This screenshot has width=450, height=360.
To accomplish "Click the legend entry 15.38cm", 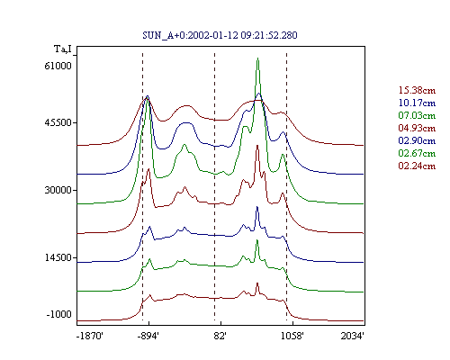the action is pos(417,90).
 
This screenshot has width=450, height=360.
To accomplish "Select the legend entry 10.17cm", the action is pos(417,103).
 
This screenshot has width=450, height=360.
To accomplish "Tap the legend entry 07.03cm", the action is pos(417,115).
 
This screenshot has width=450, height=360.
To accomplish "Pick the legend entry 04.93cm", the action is pos(417,128).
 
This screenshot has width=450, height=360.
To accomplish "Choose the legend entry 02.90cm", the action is pos(417,140).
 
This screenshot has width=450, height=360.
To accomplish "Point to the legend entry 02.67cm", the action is pos(417,153).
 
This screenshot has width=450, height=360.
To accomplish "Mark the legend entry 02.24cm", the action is pos(417,166).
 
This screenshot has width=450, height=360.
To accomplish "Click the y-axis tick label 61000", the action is pos(58,66).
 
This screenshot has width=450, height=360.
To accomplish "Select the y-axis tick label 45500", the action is pos(58,122).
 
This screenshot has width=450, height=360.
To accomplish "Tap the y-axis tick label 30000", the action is pos(58,190).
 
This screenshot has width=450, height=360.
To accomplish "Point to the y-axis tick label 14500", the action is pos(58,257).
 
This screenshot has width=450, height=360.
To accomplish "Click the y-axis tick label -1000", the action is pos(59,314).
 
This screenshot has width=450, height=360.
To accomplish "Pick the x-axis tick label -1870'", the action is pos(90,336).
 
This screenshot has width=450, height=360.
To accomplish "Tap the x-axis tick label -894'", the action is pos(148,336).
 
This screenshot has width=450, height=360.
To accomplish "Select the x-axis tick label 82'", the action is pos(220,336).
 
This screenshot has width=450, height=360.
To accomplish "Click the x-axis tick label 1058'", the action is pos(292,336).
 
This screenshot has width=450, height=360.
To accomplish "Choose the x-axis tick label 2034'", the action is pos(353,336).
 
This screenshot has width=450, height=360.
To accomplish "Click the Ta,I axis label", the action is pos(63,49).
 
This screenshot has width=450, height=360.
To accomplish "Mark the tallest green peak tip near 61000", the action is pos(257,58).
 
